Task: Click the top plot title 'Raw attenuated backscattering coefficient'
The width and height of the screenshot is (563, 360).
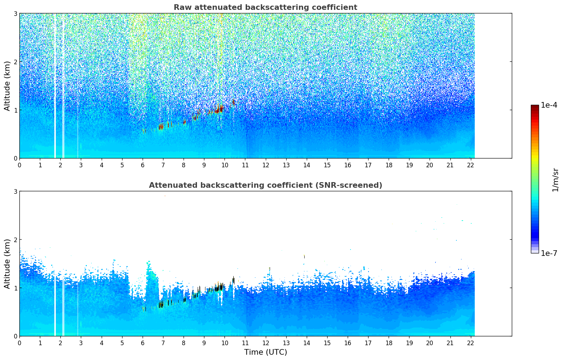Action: [265, 7]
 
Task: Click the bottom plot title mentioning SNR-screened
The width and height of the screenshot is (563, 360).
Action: [265, 185]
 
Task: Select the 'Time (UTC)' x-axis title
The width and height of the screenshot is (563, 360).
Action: [265, 352]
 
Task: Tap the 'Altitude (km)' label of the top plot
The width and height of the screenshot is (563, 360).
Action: [7, 86]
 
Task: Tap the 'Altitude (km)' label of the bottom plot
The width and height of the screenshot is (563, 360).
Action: [7, 264]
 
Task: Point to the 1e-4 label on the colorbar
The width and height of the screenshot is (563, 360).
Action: [549, 105]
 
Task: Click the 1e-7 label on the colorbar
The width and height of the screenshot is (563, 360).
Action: [549, 253]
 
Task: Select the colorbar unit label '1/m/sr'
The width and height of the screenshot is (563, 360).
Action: [555, 180]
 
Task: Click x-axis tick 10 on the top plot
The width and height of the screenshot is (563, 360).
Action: [224, 165]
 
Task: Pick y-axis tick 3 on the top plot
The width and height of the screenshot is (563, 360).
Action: [15, 13]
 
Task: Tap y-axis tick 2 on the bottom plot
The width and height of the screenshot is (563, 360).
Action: [15, 240]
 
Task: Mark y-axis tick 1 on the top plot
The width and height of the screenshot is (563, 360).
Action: [15, 110]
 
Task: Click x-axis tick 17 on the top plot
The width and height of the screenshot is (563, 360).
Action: [368, 165]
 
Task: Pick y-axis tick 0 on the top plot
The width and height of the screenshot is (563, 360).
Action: [15, 158]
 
